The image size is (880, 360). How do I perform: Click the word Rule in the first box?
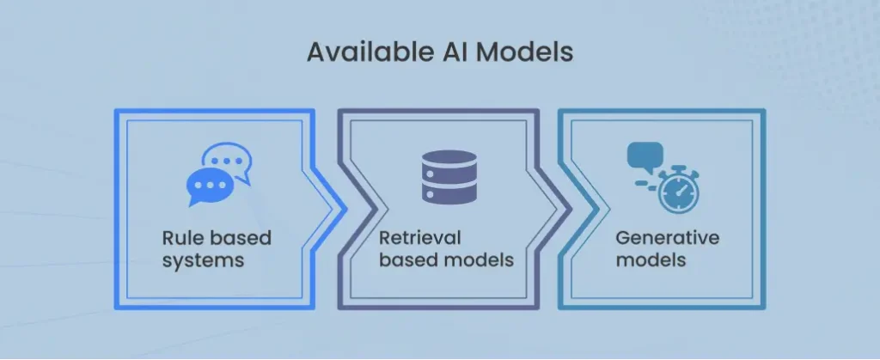[182, 237]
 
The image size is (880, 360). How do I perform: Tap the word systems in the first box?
[203, 259]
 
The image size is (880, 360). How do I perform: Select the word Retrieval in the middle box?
[420, 237]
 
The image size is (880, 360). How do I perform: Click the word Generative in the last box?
[667, 237]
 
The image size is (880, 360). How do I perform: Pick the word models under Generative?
[651, 259]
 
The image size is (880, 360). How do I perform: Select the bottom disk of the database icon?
[449, 195]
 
